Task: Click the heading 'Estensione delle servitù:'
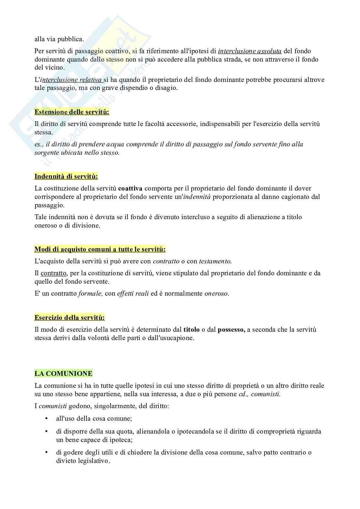point(72,112)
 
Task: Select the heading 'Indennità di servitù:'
point(66,176)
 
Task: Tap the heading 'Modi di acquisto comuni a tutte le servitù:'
point(100,249)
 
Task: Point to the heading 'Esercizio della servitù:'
point(69,318)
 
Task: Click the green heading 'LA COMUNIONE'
point(63,374)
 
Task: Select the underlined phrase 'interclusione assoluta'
point(250,51)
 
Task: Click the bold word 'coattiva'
point(130,188)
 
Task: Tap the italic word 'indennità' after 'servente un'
point(197,197)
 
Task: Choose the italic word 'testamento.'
point(215,261)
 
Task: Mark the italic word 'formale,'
point(90,294)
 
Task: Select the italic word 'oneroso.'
point(217,294)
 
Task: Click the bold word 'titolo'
point(191,329)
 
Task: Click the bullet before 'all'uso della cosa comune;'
point(47,419)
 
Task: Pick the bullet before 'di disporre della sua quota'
point(47,431)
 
